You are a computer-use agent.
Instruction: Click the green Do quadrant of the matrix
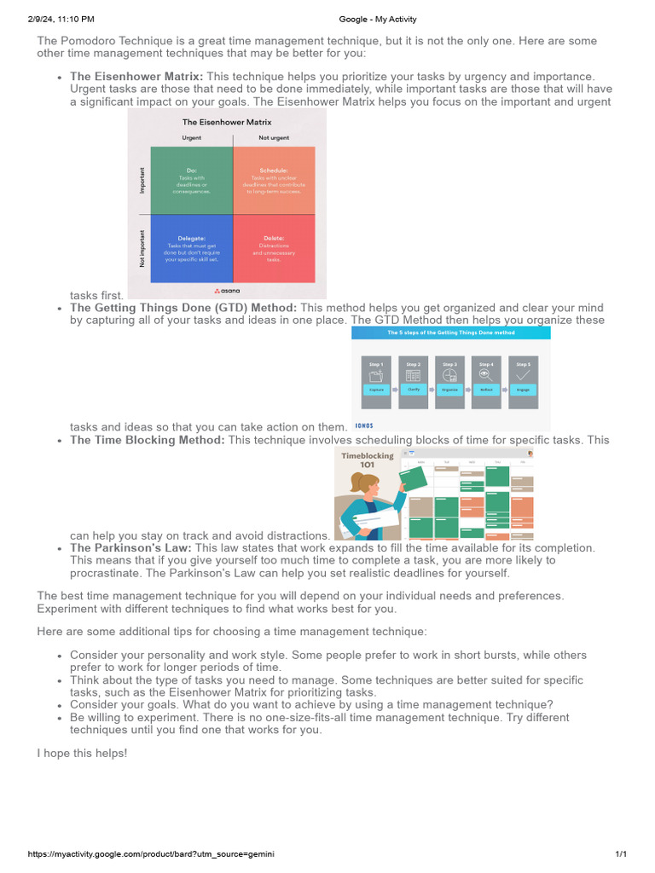pyautogui.click(x=191, y=180)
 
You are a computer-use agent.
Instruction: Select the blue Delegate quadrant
pyautogui.click(x=191, y=248)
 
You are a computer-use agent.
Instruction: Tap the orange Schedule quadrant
pyautogui.click(x=274, y=180)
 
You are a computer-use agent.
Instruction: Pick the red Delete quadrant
pyautogui.click(x=274, y=248)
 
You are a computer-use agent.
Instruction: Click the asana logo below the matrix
pyautogui.click(x=227, y=291)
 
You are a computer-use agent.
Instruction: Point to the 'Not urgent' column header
pyautogui.click(x=274, y=137)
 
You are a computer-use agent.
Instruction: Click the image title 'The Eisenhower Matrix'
pyautogui.click(x=227, y=123)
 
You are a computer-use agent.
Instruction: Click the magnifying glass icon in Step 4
pyautogui.click(x=486, y=373)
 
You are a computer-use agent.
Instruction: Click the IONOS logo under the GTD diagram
pyautogui.click(x=364, y=425)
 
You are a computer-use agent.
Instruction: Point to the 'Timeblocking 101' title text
pyautogui.click(x=368, y=460)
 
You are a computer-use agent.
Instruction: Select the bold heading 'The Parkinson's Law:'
pyautogui.click(x=131, y=548)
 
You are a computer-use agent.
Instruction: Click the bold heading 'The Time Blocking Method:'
pyautogui.click(x=148, y=441)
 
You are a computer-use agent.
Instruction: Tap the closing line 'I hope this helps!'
pyautogui.click(x=82, y=754)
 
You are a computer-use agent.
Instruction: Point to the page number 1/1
pyautogui.click(x=621, y=853)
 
